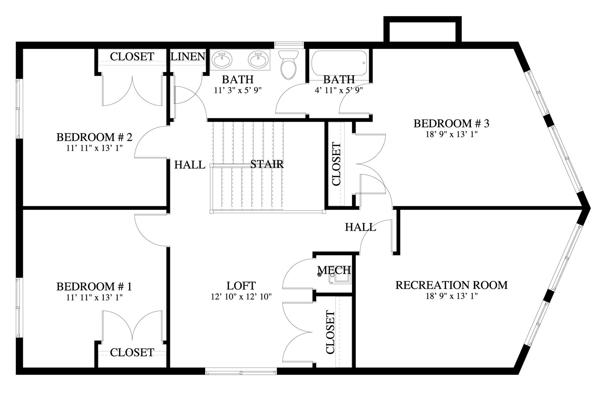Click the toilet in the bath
click(288, 65)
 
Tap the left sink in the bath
click(222, 59)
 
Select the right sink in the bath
click(258, 59)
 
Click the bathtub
click(339, 63)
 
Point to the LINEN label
click(188, 56)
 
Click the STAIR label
click(267, 164)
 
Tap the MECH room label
click(334, 270)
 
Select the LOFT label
click(241, 286)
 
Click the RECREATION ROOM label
click(451, 285)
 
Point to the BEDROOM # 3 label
click(451, 123)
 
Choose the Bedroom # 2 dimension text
click(94, 148)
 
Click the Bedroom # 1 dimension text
click(94, 297)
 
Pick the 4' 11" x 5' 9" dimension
click(339, 90)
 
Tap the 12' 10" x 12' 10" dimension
click(241, 297)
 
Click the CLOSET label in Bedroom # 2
click(132, 56)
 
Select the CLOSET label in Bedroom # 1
click(132, 353)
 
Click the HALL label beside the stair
click(190, 165)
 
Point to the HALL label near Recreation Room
click(360, 227)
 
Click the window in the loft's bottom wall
click(241, 371)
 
